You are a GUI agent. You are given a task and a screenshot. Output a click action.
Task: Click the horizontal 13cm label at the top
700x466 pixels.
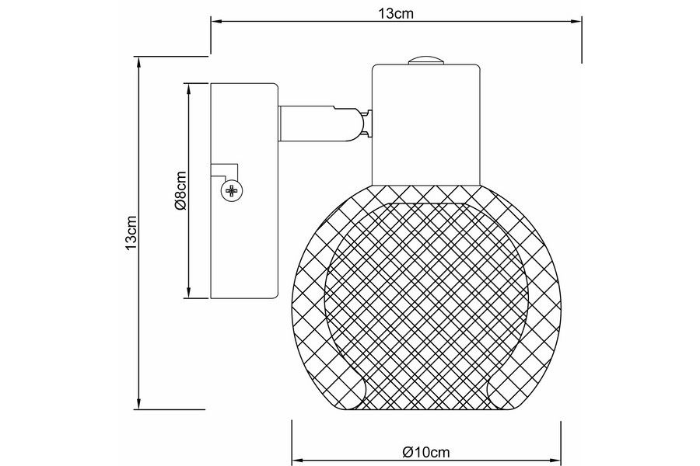click(x=396, y=13)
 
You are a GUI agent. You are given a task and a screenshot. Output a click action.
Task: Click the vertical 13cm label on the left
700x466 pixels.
click(x=131, y=233)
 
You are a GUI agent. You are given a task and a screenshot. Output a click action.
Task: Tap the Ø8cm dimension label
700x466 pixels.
click(x=180, y=190)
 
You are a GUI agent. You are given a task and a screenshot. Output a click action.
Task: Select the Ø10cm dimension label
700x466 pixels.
click(x=426, y=453)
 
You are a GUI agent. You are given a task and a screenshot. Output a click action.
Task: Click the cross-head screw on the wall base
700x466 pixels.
click(x=232, y=191)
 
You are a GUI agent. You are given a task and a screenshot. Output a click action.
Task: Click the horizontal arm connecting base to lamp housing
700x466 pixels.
click(x=319, y=123)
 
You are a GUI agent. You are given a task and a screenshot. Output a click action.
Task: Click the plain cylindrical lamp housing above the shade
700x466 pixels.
click(x=426, y=125)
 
